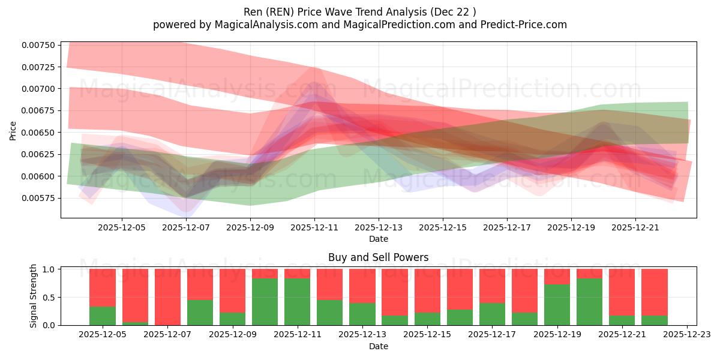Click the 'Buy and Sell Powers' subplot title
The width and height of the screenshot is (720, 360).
pos(378,257)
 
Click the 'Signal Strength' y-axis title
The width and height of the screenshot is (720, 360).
pos(34,296)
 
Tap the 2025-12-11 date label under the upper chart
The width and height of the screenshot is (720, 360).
pos(314,228)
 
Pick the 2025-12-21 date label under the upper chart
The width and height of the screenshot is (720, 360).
pos(635,228)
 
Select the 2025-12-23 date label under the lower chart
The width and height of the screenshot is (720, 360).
pos(686,335)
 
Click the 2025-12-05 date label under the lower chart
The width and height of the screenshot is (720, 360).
pos(103,335)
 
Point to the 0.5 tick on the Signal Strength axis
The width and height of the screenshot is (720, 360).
pos(49,297)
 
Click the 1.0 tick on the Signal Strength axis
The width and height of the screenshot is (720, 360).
pos(49,269)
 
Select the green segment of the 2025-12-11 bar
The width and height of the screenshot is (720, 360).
pos(298,302)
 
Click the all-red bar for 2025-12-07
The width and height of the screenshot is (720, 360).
pos(167,297)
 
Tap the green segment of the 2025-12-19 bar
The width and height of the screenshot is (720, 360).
pos(557,305)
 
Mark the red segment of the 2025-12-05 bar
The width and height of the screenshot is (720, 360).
pos(103,287)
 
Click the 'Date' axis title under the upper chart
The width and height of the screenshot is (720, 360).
pos(378,239)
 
